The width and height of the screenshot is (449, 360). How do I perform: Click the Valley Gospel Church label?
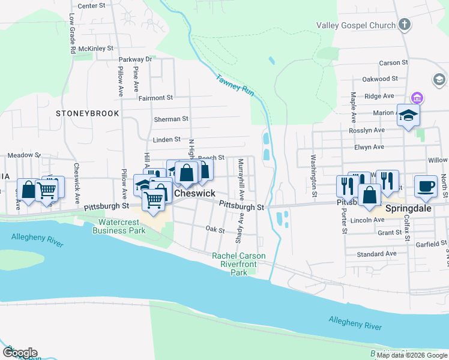[x=356, y=25]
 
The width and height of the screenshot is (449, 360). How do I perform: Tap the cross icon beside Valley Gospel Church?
[x=405, y=25]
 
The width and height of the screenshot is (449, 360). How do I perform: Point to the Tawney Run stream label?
[x=235, y=83]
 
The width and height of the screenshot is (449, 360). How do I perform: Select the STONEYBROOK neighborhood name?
[x=87, y=113]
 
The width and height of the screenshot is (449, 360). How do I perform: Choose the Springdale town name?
[x=409, y=211]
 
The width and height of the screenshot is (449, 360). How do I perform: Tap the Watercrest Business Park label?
[x=122, y=226]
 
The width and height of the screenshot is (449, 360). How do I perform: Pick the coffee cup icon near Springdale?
[x=426, y=186]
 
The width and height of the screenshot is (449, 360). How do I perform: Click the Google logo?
[x=20, y=352]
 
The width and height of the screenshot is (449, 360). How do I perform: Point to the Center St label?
[x=91, y=5]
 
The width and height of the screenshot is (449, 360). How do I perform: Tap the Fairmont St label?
[x=155, y=97]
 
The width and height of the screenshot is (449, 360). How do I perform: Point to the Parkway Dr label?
[x=135, y=59]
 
